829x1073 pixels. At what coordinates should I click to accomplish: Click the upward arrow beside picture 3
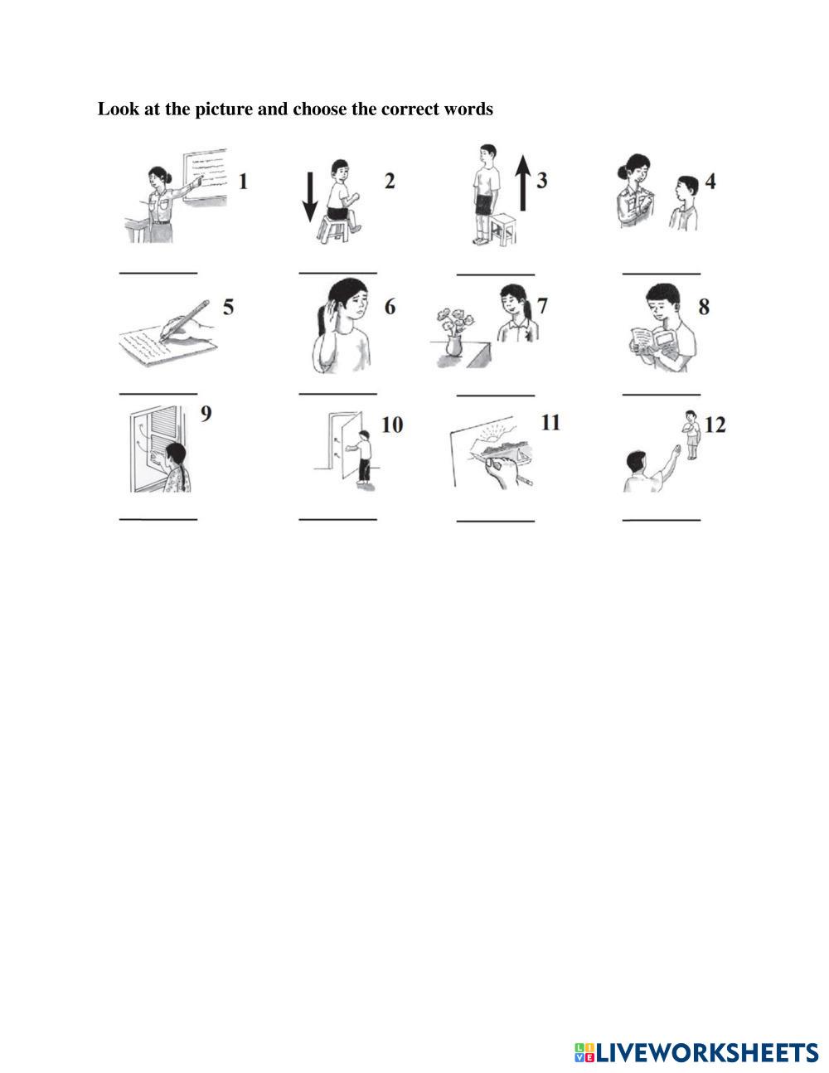pos(522,185)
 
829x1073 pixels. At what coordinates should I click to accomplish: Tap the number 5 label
pos(228,308)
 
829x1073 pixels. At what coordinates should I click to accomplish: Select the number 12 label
pos(715,425)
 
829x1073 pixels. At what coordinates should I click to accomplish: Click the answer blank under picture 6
pos(337,393)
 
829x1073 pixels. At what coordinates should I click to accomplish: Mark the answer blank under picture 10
pos(337,520)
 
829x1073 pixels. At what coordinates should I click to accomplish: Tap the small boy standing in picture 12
pos(691,435)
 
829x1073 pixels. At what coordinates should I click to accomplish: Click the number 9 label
pos(206,413)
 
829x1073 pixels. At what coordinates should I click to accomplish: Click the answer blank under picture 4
pos(661,273)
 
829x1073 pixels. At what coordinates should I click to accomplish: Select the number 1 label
pos(243,182)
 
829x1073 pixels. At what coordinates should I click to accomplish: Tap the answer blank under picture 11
pos(495,521)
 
